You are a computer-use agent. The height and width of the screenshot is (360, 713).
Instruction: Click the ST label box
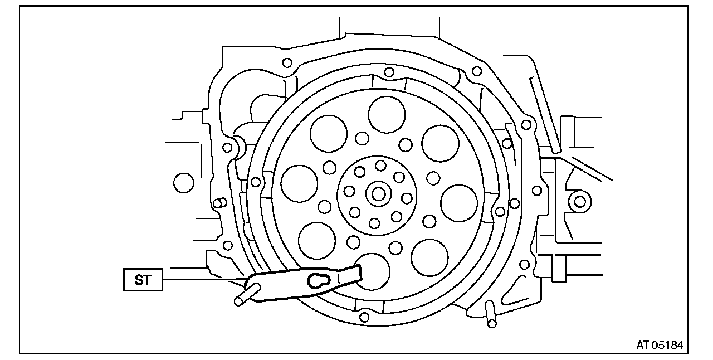click(x=143, y=280)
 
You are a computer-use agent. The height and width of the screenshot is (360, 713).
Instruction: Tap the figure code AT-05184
click(x=660, y=346)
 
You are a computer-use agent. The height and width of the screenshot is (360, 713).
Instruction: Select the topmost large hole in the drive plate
click(x=387, y=114)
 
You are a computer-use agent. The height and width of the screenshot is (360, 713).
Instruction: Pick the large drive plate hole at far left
click(x=299, y=183)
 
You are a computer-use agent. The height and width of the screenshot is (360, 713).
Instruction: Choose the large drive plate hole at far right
click(x=459, y=203)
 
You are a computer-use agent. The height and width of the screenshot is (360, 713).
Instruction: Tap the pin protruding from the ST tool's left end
click(x=246, y=294)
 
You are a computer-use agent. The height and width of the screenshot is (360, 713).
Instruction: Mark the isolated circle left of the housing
click(x=183, y=183)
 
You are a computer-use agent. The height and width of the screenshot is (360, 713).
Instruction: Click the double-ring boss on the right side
click(x=579, y=201)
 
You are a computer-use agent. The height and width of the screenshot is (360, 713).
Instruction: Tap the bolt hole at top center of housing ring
click(x=389, y=72)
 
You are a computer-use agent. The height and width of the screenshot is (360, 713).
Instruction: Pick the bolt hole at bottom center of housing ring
click(x=364, y=317)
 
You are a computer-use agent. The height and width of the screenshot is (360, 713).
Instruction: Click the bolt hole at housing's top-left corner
click(x=287, y=62)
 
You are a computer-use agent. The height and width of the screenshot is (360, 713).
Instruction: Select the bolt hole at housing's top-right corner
click(x=477, y=71)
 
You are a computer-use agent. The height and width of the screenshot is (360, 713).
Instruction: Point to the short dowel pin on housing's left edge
click(x=219, y=202)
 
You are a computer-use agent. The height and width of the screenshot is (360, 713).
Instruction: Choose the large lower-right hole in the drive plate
click(x=429, y=257)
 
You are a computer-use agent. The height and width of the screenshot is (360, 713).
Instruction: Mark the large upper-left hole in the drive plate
click(x=329, y=133)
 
